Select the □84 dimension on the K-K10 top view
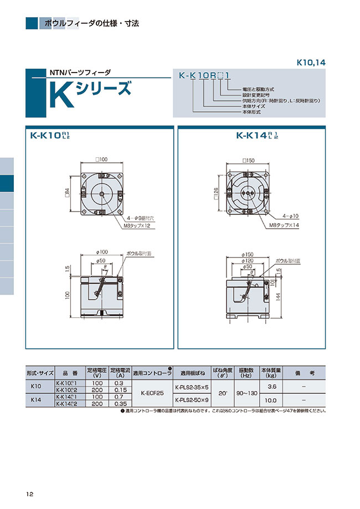pyautogui.click(x=66, y=192)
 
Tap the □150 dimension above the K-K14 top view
pyautogui.click(x=248, y=160)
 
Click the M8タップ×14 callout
pyautogui.click(x=284, y=226)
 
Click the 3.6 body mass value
pyautogui.click(x=272, y=387)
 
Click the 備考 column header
pyautogui.click(x=304, y=373)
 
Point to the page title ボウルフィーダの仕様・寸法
pyautogui.click(x=91, y=24)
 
